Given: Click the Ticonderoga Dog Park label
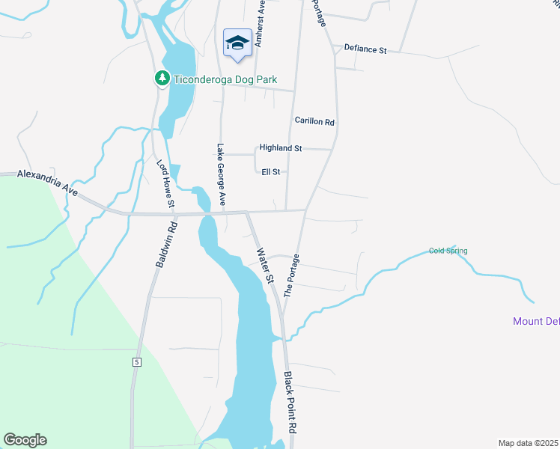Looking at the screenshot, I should [x=215, y=79].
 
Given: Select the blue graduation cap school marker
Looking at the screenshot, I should [x=237, y=43].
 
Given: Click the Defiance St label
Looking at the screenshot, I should [x=365, y=50].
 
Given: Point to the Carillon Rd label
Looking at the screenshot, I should [x=314, y=121].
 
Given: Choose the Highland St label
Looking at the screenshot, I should [x=280, y=148].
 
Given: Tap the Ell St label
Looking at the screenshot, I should [x=270, y=171].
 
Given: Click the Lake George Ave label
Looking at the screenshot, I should [x=221, y=174].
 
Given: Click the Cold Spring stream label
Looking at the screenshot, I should [x=448, y=251].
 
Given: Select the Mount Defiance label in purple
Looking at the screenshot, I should [x=536, y=322].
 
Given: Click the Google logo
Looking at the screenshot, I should [x=25, y=440].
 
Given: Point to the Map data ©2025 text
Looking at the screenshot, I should [x=529, y=443].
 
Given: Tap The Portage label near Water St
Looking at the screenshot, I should [x=292, y=274].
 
